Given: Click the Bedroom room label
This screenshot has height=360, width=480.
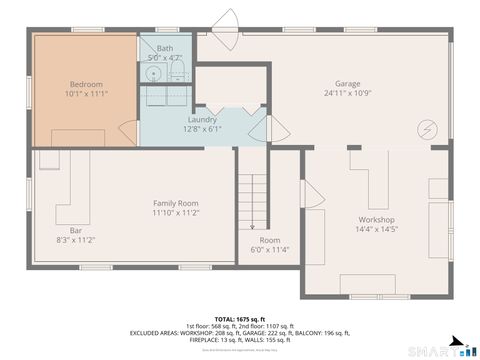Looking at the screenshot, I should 86,84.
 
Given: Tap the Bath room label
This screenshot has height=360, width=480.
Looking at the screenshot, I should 165,48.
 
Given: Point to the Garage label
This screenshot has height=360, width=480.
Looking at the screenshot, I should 347,84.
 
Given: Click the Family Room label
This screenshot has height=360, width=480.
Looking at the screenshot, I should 175,203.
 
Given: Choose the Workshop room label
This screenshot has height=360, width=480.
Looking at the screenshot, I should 376,220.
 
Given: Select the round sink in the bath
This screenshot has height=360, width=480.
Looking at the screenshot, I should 153,73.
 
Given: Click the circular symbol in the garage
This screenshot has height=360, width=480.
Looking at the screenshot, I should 429,129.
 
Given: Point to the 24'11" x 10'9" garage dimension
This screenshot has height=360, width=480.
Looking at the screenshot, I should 347,94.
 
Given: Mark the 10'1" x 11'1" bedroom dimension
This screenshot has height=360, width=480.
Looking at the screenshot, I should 86,94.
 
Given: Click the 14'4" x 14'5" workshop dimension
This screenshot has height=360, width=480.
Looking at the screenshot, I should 376,230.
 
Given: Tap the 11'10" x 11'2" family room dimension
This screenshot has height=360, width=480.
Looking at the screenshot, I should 175,213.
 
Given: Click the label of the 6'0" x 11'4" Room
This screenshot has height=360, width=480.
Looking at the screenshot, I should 269,240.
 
